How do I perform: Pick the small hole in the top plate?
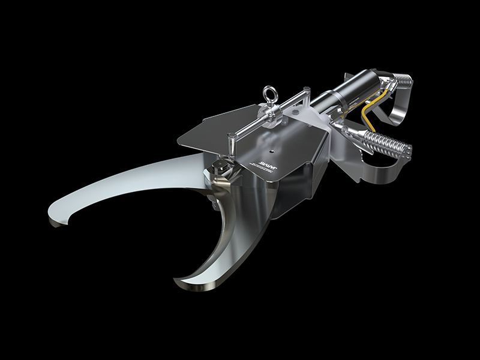click(273, 145)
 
